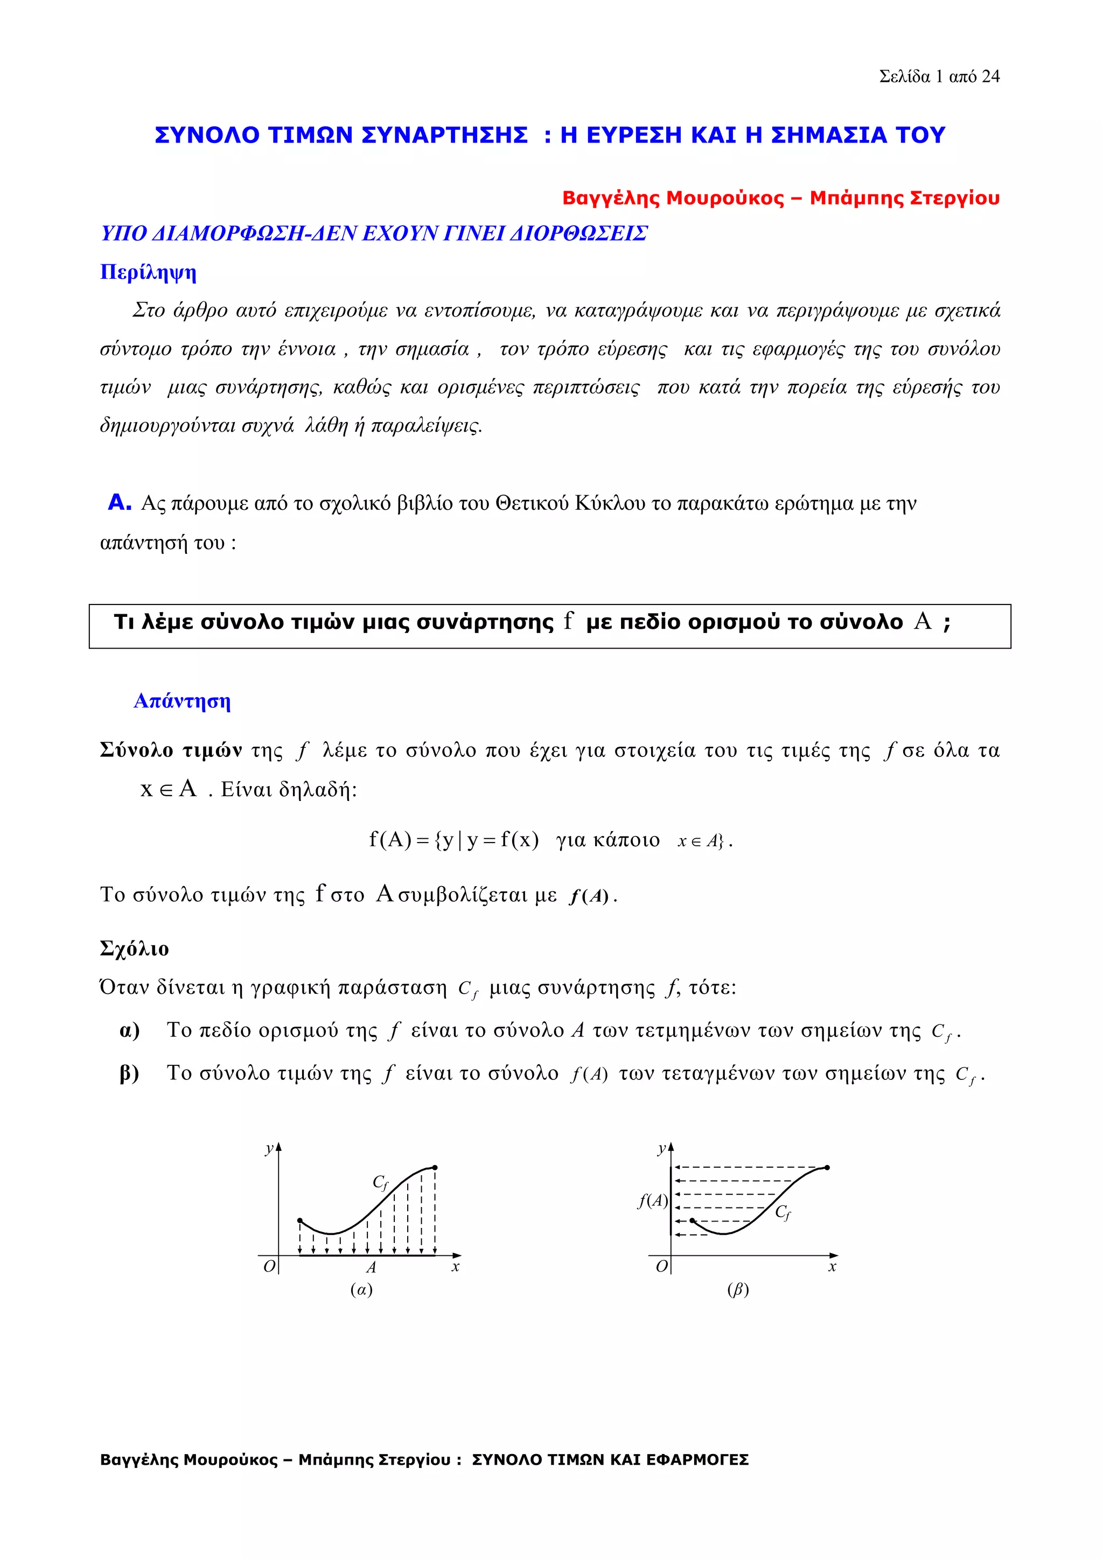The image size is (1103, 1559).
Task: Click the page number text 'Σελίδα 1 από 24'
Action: pyautogui.click(x=939, y=77)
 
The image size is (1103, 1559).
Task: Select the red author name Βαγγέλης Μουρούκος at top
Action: pyautogui.click(x=672, y=198)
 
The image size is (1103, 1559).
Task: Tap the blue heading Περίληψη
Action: pyautogui.click(x=148, y=272)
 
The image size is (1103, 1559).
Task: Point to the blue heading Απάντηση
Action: pyautogui.click(x=182, y=701)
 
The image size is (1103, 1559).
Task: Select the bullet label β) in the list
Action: pyautogui.click(x=129, y=1073)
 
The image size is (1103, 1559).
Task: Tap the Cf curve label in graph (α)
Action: pyautogui.click(x=380, y=1182)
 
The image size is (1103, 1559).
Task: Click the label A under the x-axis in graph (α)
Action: pyautogui.click(x=371, y=1267)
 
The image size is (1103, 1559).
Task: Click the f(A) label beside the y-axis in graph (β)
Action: pyautogui.click(x=652, y=1200)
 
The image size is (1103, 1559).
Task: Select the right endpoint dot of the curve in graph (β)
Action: pyautogui.click(x=827, y=1168)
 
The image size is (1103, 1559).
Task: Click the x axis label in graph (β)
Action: pyautogui.click(x=832, y=1267)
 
